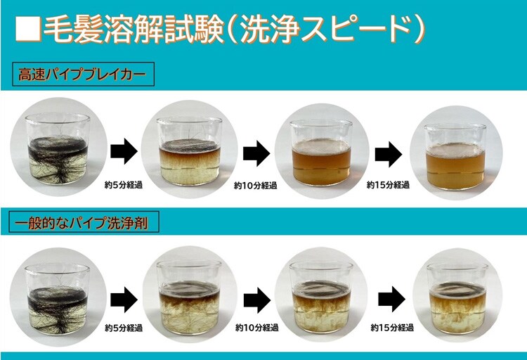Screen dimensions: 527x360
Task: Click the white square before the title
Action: pos(28,28)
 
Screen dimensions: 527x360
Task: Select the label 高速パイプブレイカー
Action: pos(82,75)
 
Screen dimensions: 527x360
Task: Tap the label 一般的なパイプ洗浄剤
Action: pos(84,222)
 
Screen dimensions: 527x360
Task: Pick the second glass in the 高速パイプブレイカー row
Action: pos(190,150)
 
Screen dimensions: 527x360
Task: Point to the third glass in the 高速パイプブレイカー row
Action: pos(321,153)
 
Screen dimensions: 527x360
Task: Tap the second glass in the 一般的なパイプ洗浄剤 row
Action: pos(189,297)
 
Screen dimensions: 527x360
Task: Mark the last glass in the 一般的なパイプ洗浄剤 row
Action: pos(457,299)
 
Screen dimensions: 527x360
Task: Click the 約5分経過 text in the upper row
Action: pos(124,185)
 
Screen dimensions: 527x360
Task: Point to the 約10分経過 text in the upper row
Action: pos(256,186)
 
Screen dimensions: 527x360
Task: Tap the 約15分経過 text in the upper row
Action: pos(388,185)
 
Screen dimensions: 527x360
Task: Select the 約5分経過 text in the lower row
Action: pos(124,328)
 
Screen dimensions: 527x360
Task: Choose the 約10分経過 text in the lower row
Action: pos(256,328)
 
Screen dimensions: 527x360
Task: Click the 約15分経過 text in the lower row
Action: pos(392,328)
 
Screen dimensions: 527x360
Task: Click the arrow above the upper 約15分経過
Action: pos(389,155)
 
